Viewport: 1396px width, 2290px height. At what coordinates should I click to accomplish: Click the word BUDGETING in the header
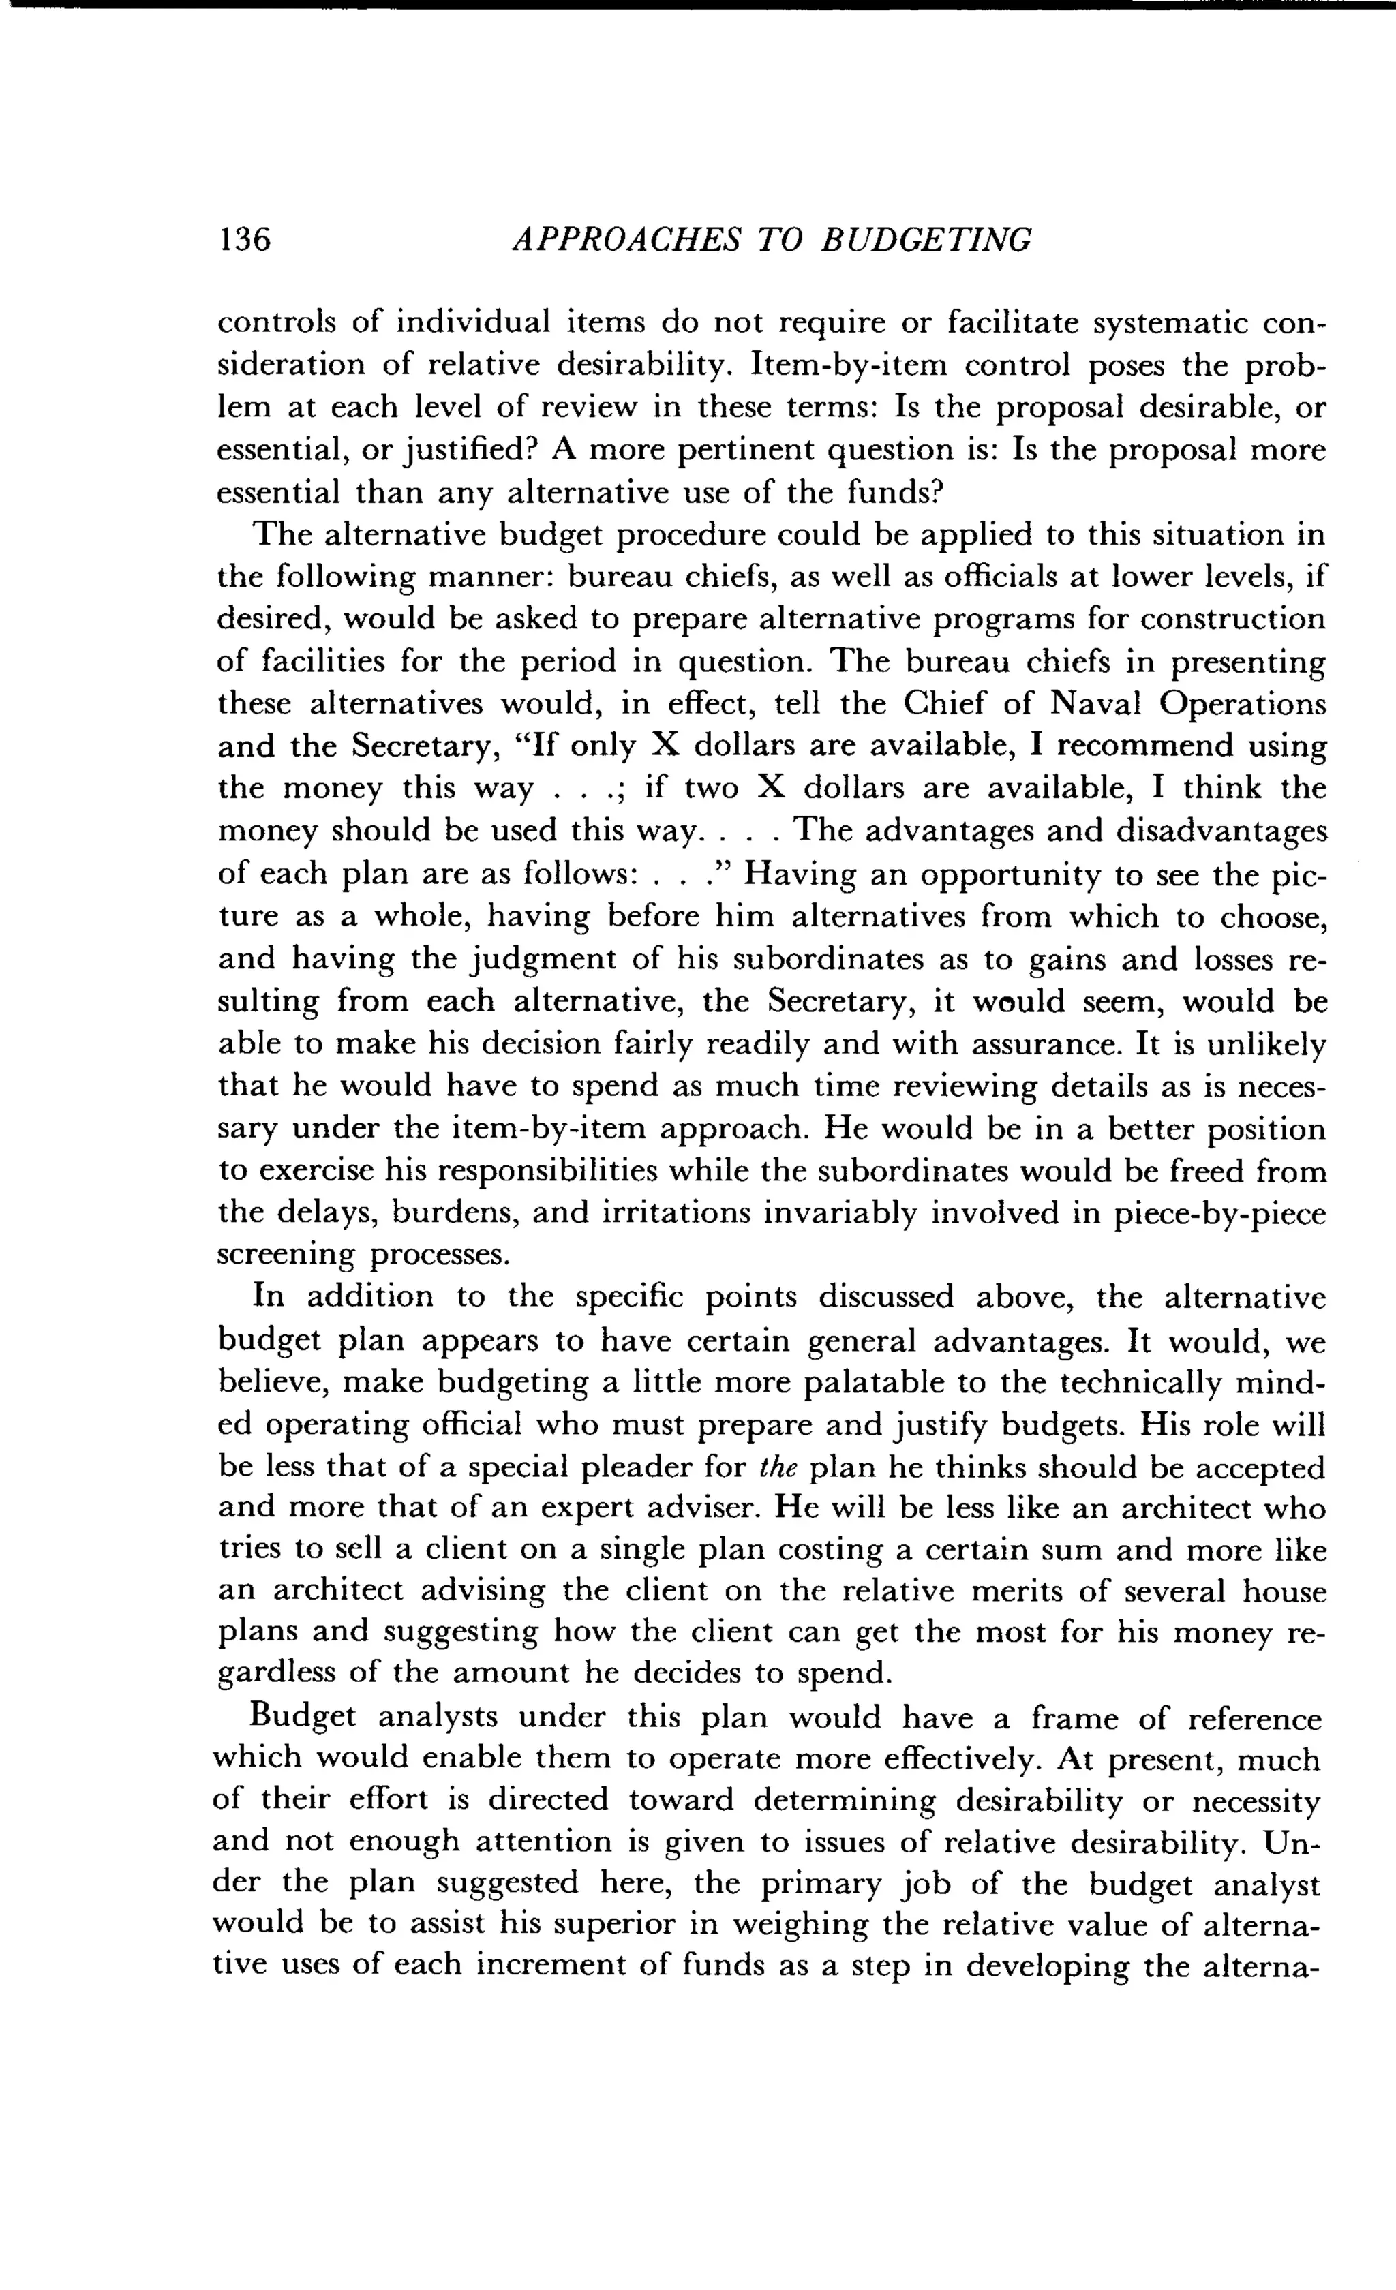coord(926,240)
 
